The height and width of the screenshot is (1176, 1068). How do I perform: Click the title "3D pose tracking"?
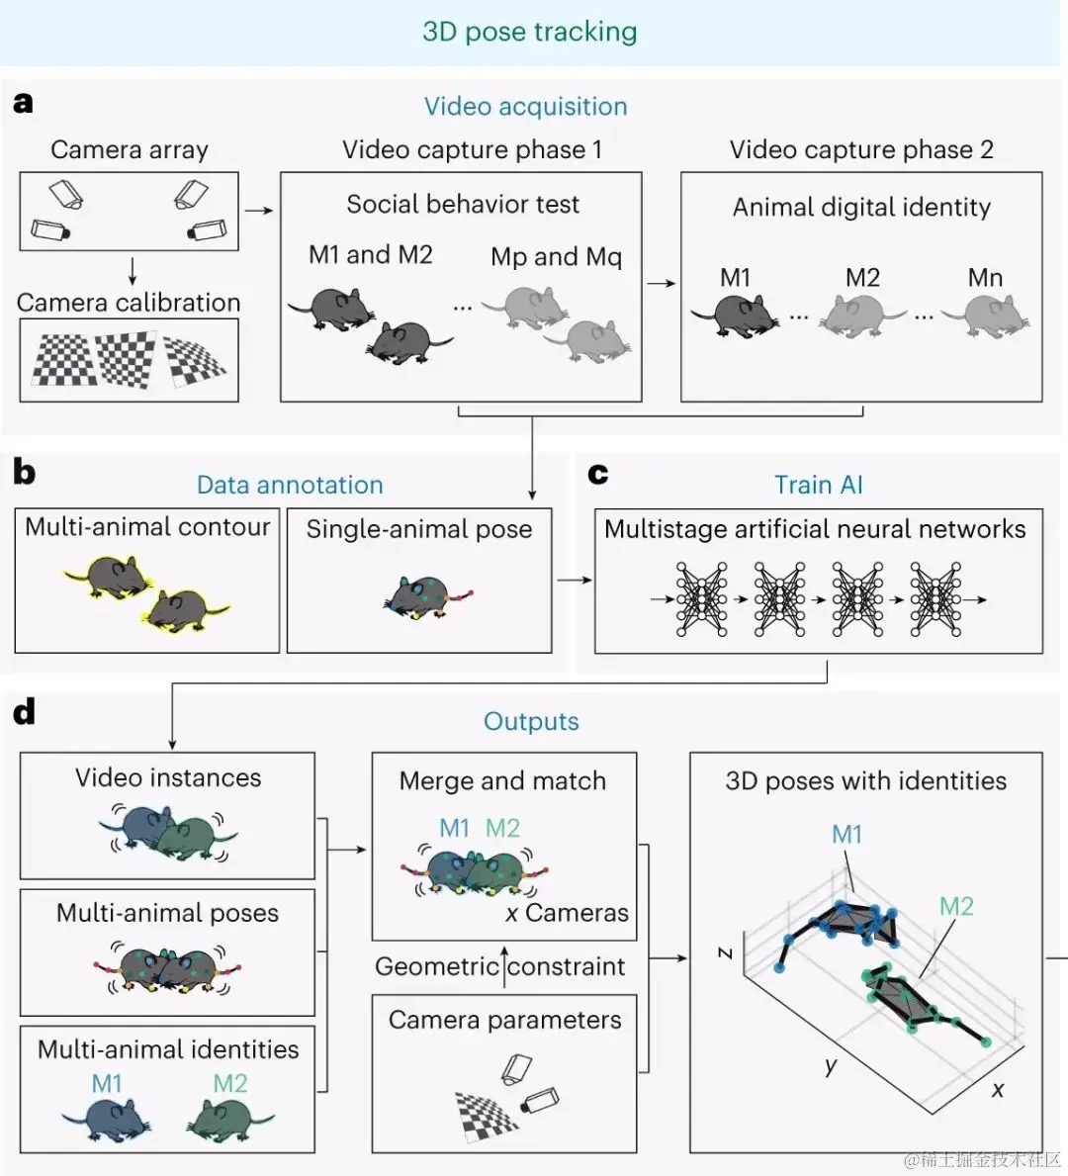coord(529,32)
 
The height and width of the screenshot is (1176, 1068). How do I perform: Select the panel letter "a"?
coord(24,103)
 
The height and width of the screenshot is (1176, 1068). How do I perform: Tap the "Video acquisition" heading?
coord(526,107)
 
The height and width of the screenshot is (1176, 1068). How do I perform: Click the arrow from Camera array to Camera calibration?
coord(132,271)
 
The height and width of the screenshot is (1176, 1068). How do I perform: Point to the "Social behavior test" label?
coord(463,204)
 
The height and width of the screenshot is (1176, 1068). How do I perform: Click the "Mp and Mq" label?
coord(557,257)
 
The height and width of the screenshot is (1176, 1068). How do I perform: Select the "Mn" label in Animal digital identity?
coord(985,278)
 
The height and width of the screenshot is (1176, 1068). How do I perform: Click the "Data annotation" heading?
coord(290,486)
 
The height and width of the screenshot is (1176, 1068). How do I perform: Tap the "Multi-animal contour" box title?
coord(147,527)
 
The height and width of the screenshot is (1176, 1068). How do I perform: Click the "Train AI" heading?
coord(818,486)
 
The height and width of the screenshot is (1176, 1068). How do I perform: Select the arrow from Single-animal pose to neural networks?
coord(575,580)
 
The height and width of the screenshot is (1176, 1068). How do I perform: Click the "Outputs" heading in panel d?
coord(531,721)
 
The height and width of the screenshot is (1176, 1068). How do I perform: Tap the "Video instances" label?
coord(168,777)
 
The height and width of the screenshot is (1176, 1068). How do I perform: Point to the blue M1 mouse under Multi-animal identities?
coord(107,1120)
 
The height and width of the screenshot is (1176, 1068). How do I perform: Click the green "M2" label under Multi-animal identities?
coord(229,1084)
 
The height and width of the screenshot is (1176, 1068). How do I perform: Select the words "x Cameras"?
coord(567,913)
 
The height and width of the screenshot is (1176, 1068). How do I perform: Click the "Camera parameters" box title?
coord(504,1020)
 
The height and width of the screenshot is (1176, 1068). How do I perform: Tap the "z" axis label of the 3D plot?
coord(725,952)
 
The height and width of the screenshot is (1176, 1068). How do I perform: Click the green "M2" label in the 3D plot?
coord(956,907)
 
